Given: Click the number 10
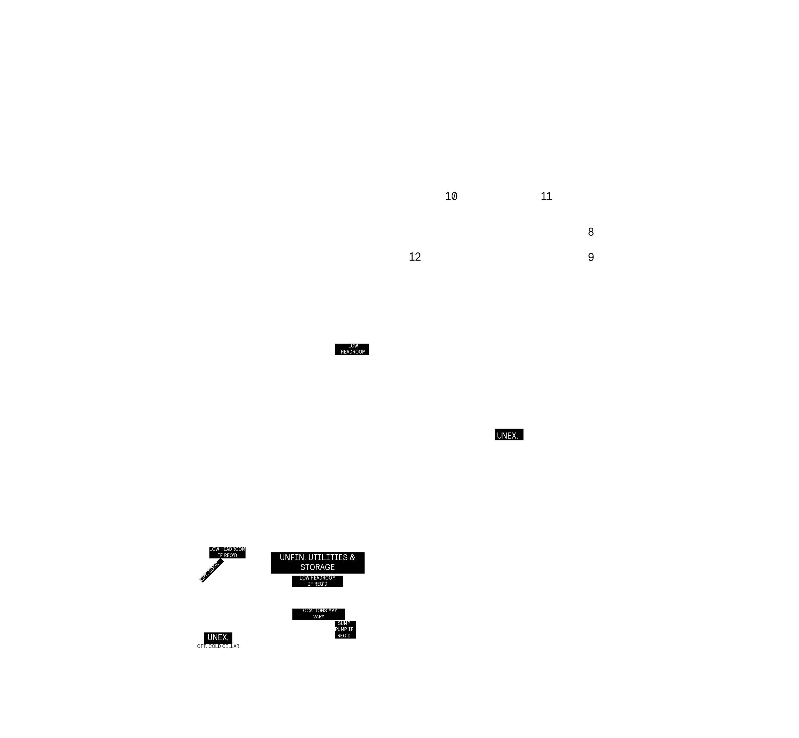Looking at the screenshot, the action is [x=451, y=196].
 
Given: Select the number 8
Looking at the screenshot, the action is [x=591, y=232].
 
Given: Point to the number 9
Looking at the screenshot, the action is [x=591, y=257].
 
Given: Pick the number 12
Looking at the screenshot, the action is [x=415, y=257].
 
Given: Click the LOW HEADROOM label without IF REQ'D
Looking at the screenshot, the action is [x=352, y=349].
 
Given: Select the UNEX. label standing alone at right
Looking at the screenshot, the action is [x=509, y=435].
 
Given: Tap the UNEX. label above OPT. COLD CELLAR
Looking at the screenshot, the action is [x=218, y=638].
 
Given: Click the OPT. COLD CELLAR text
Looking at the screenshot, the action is [x=218, y=646].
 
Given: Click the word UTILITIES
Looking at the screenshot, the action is [x=328, y=557].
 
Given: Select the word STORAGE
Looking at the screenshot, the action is [x=318, y=567].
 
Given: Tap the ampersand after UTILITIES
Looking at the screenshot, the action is [x=352, y=557].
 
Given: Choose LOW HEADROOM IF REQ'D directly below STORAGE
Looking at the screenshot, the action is [x=318, y=581].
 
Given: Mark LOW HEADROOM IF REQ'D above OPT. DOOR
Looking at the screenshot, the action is [x=227, y=552].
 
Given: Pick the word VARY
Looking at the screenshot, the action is [x=319, y=617].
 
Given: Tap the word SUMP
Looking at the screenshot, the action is [x=344, y=623].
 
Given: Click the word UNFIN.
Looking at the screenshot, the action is [x=293, y=557].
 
